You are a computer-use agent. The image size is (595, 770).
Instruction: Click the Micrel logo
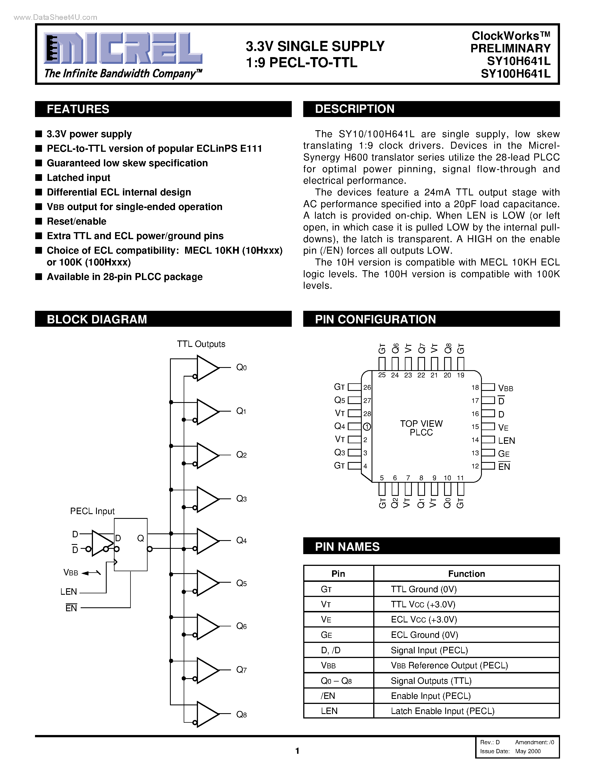coord(123,49)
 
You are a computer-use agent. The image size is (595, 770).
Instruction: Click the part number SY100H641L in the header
coord(515,74)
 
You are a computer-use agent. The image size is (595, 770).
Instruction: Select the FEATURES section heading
coord(78,109)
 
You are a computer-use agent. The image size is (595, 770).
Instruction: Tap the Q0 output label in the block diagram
coord(241,368)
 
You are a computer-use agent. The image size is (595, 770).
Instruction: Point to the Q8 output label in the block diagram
coord(241,715)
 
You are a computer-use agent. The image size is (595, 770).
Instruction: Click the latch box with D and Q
coord(130,544)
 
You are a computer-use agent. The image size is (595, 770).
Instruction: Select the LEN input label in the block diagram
coord(68,592)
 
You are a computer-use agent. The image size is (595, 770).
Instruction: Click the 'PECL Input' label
coord(92,511)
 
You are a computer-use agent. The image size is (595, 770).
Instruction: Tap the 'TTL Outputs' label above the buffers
coord(201,344)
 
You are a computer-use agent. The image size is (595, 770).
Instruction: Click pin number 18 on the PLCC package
coord(475,388)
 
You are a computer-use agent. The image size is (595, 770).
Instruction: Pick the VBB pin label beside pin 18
coord(505,388)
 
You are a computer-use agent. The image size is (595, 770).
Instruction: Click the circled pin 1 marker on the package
coord(367,427)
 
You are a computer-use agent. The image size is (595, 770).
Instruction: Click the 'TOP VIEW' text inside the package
coord(421,423)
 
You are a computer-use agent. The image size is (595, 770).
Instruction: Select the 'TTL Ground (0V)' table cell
coord(423,589)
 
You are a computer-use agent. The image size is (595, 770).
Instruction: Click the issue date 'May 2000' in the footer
coord(528,751)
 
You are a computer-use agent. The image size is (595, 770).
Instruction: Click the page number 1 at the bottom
coord(297,751)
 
